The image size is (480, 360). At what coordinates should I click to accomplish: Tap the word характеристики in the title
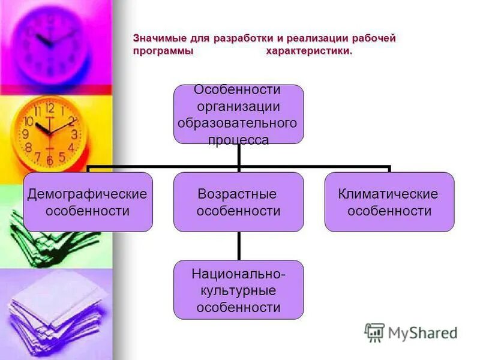pyautogui.click(x=309, y=52)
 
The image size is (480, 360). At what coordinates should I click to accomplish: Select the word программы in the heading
pyautogui.click(x=163, y=52)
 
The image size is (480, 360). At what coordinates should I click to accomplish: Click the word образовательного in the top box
pyautogui.click(x=238, y=123)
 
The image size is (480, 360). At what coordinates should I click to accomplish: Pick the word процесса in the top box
pyautogui.click(x=238, y=140)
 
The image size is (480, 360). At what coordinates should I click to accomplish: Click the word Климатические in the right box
pyautogui.click(x=388, y=194)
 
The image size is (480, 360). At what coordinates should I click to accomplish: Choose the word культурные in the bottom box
pyautogui.click(x=238, y=291)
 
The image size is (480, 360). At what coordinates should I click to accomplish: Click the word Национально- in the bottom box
pyautogui.click(x=238, y=274)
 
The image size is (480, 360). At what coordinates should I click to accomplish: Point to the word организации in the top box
pyautogui.click(x=238, y=106)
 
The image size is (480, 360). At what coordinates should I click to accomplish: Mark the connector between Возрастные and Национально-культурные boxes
pyautogui.click(x=238, y=246)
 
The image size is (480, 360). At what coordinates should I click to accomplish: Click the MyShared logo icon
pyautogui.click(x=374, y=332)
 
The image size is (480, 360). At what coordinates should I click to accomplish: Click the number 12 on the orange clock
pyautogui.click(x=49, y=109)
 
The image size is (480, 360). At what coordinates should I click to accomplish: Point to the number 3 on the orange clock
pyautogui.click(x=74, y=134)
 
